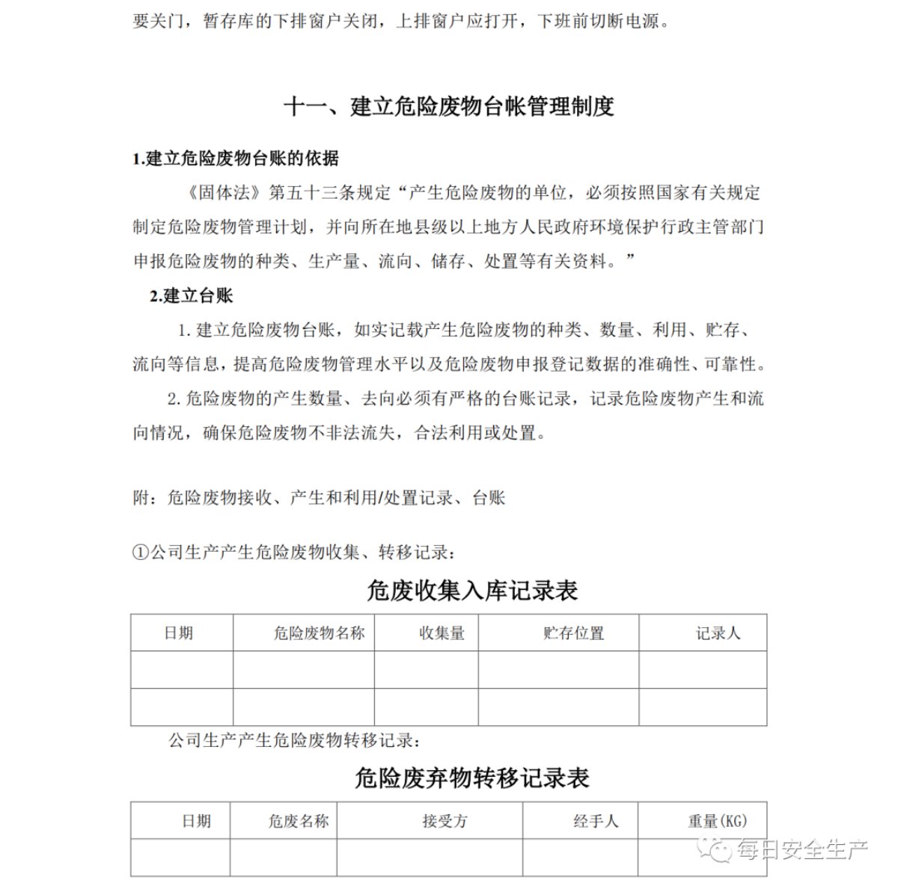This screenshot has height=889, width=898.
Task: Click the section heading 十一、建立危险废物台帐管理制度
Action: click(x=448, y=107)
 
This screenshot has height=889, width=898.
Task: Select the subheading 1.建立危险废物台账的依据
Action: click(x=235, y=159)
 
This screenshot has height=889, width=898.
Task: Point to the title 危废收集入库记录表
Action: click(x=471, y=591)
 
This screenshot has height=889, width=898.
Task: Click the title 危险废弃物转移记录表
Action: click(x=471, y=778)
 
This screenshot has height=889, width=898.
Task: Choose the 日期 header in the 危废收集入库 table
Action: click(x=179, y=633)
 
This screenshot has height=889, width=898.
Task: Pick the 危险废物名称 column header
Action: click(x=319, y=633)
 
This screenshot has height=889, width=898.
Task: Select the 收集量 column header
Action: click(x=442, y=633)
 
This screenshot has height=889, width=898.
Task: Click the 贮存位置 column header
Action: click(x=573, y=633)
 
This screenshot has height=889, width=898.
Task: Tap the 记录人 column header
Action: click(x=718, y=633)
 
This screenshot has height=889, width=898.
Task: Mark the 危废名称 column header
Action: click(x=298, y=821)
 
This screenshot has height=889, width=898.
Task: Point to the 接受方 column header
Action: click(x=445, y=821)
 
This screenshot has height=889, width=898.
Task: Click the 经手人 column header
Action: click(x=596, y=821)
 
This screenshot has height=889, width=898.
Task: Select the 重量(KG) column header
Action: click(x=717, y=821)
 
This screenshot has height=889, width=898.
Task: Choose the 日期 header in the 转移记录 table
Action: click(x=196, y=821)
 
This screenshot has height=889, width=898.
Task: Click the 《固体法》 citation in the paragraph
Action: click(x=224, y=193)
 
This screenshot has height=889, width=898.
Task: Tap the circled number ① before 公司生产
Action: click(x=141, y=553)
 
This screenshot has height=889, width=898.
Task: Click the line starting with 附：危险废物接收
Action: click(x=319, y=497)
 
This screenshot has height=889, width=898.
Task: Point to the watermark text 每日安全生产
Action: click(x=801, y=849)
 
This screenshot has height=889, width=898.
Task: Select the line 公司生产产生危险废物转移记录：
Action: click(x=294, y=741)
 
